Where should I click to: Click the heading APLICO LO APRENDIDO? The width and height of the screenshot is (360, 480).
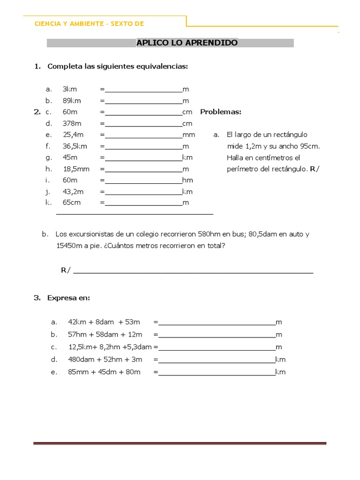click(x=187, y=43)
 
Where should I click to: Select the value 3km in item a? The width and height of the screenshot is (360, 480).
click(x=69, y=89)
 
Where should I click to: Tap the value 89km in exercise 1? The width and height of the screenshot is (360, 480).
click(x=72, y=100)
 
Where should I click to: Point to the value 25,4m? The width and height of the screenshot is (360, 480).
click(x=73, y=135)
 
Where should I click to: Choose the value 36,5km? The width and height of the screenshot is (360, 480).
click(x=75, y=146)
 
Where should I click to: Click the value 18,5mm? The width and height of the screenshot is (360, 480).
click(x=76, y=169)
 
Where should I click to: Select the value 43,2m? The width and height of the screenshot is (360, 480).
click(x=73, y=191)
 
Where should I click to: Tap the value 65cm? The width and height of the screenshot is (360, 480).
click(x=72, y=202)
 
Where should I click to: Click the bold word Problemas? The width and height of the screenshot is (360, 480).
click(x=220, y=112)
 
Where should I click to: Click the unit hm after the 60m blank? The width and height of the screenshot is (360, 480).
click(x=187, y=180)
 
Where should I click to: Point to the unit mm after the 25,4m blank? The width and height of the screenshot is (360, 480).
click(x=188, y=135)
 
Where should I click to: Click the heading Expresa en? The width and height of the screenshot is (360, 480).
click(x=68, y=298)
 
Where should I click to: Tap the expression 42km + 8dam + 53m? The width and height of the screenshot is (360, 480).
click(x=104, y=322)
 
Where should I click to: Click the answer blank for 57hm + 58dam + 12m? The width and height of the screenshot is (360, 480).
click(x=217, y=335)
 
